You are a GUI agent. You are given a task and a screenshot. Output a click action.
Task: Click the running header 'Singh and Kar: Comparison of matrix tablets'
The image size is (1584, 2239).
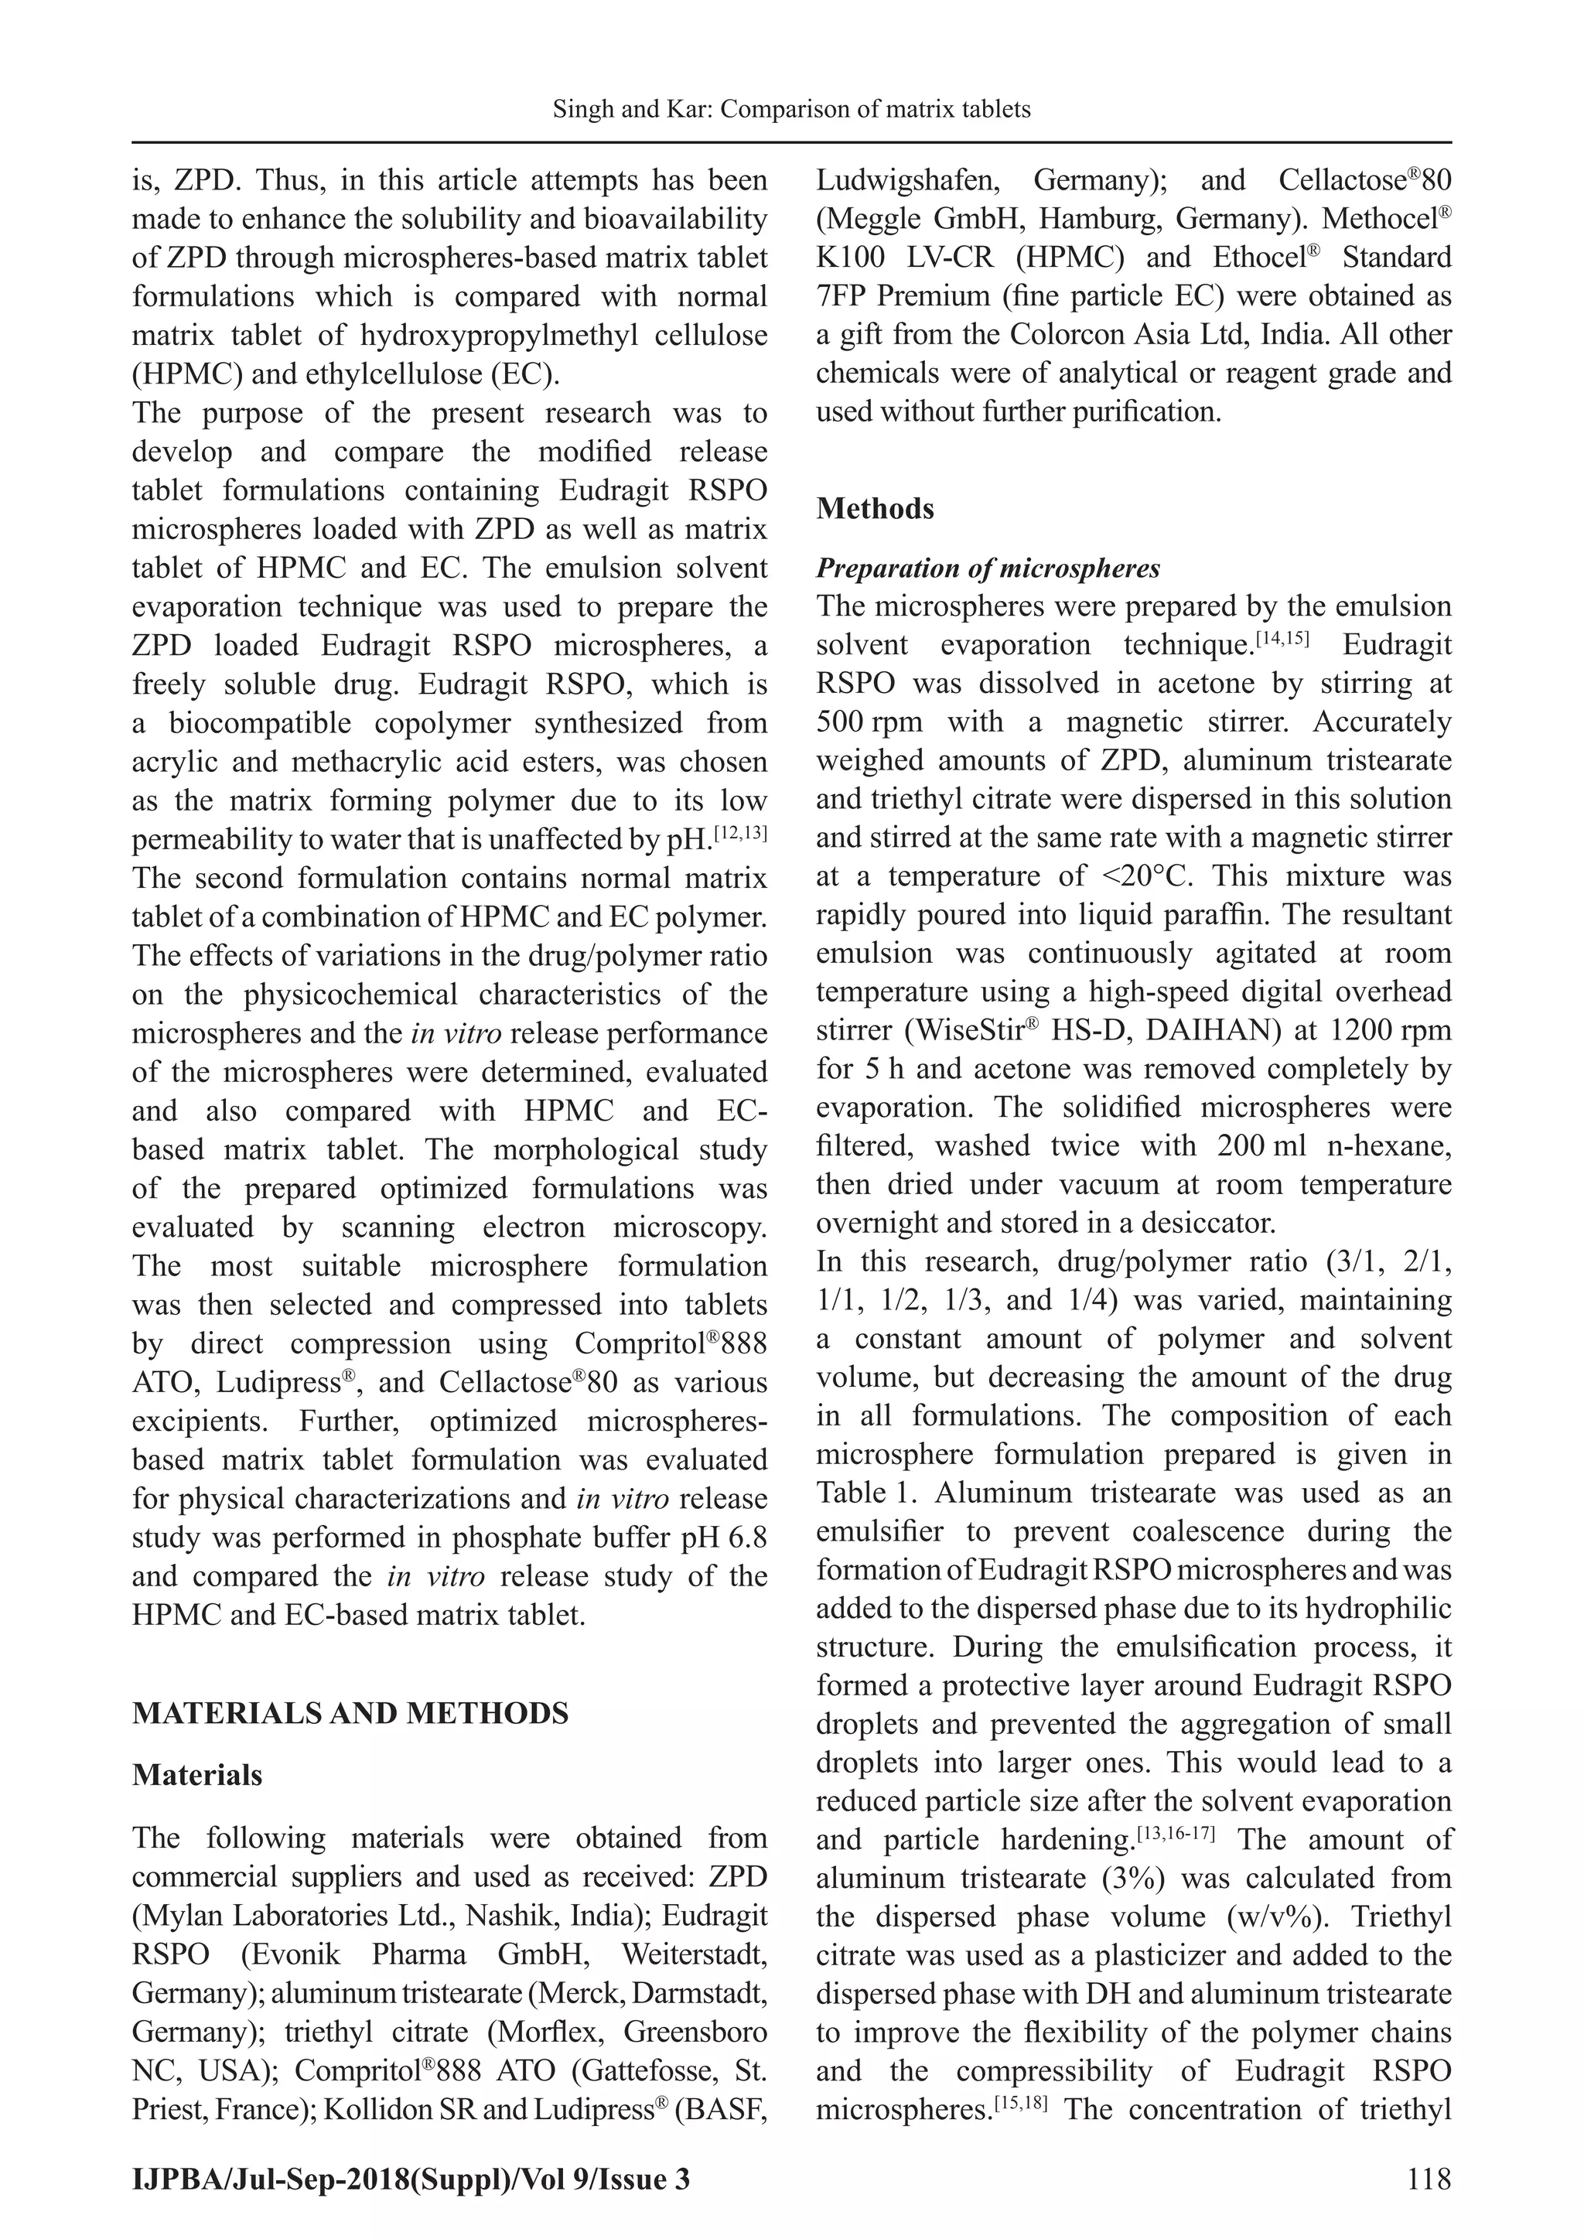791,109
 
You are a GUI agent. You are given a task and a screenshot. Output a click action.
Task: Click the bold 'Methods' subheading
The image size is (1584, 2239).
875,508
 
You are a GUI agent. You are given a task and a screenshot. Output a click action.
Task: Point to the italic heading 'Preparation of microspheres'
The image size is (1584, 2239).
988,568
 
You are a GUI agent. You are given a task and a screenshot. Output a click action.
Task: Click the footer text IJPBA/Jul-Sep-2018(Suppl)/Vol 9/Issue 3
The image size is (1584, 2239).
411,2179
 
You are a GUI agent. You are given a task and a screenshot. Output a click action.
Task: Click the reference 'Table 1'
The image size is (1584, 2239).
855,1493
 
